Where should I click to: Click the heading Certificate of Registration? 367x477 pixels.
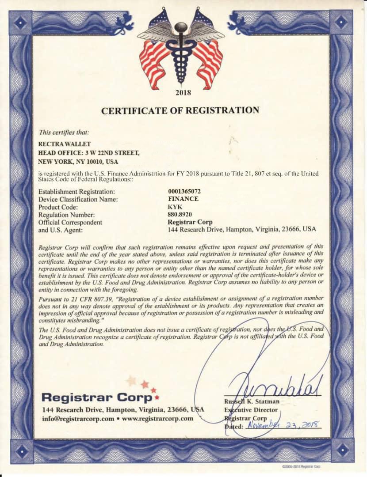(180, 111)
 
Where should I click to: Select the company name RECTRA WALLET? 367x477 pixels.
(65, 144)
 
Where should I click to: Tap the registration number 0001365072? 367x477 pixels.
(184, 191)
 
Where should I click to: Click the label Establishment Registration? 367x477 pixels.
(76, 192)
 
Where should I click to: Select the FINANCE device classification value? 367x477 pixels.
(183, 199)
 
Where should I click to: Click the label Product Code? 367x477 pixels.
(58, 207)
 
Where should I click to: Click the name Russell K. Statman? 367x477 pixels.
(252, 401)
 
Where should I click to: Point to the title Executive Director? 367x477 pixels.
(251, 410)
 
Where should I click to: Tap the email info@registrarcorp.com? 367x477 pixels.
(78, 418)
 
